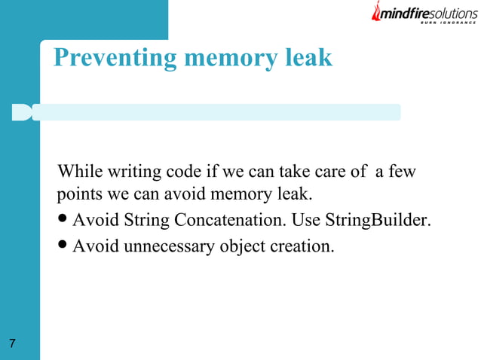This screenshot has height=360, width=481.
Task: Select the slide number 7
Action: click(x=12, y=344)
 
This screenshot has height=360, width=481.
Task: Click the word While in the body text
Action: click(x=80, y=172)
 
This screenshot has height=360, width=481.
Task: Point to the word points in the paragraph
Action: click(x=78, y=195)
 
